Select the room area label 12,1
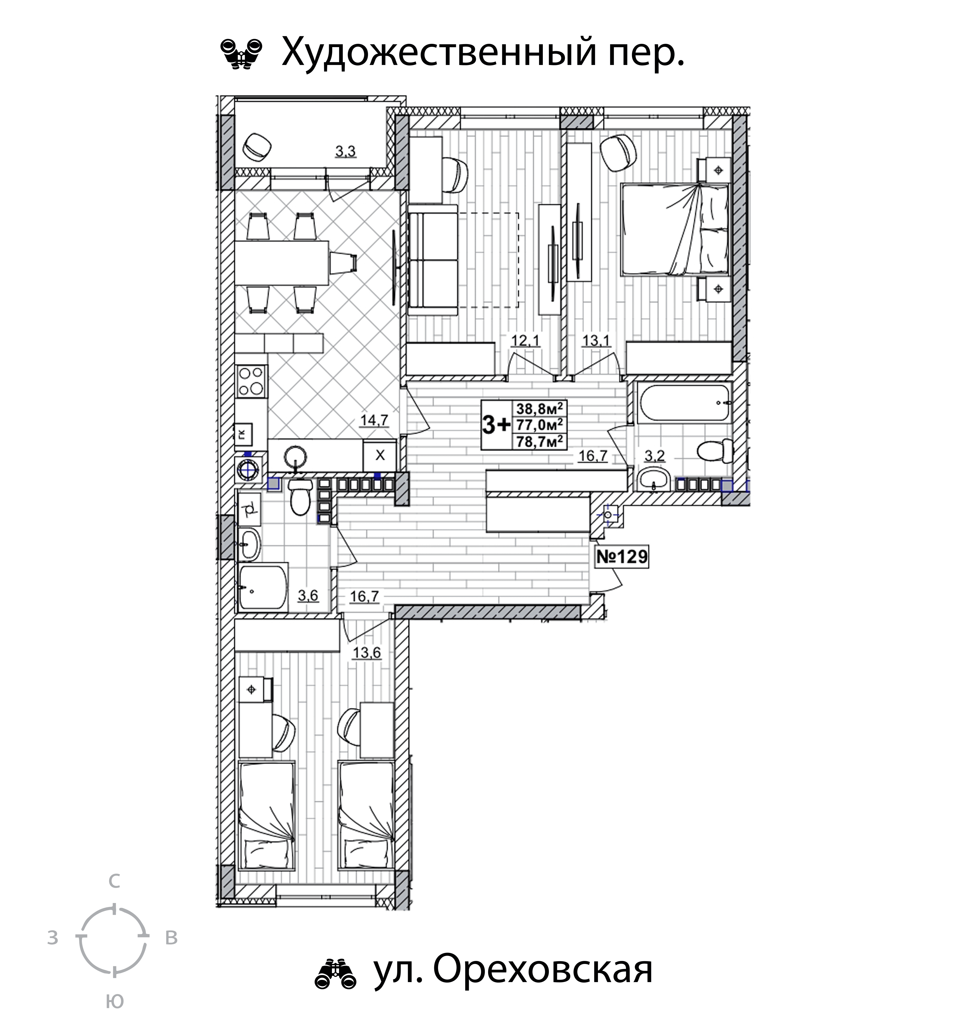(x=526, y=341)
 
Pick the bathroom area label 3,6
(x=308, y=595)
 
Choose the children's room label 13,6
(x=366, y=653)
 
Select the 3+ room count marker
(x=497, y=425)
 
